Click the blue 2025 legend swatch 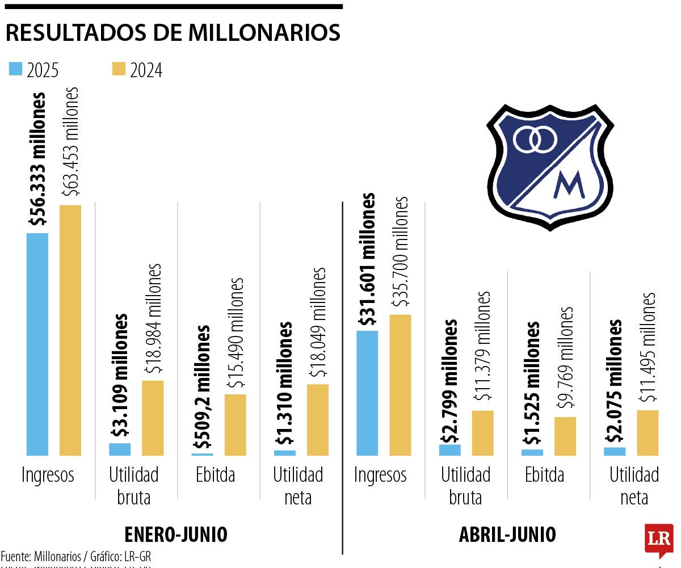[15, 69]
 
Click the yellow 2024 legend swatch [119, 69]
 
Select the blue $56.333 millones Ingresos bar [37, 344]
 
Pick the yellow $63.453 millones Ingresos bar [70, 330]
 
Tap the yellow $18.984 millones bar [153, 418]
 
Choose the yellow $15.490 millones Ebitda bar [236, 424]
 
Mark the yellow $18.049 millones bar [318, 420]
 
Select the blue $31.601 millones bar [367, 393]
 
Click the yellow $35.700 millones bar [400, 385]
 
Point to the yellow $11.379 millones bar [483, 433]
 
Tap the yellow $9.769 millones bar [565, 436]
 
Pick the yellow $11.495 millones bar [648, 433]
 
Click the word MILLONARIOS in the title [264, 33]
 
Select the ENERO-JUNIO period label [175, 535]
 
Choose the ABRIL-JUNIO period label [507, 535]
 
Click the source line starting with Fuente [76, 556]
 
